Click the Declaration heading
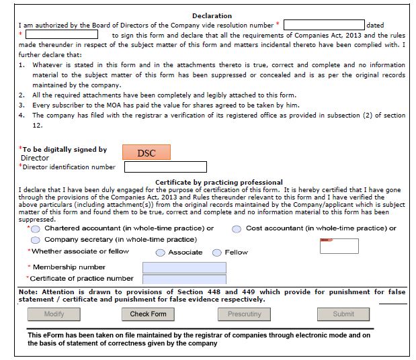(x=212, y=15)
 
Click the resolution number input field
(x=323, y=26)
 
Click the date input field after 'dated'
(x=62, y=34)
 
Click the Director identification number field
(x=165, y=167)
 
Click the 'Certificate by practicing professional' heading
(x=218, y=182)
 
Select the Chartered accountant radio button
(x=36, y=229)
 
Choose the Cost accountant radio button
(x=237, y=229)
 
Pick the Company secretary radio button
(x=36, y=240)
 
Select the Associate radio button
(x=161, y=253)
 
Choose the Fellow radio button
(x=217, y=253)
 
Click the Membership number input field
(x=184, y=267)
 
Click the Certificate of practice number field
(x=184, y=279)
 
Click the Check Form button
(x=149, y=314)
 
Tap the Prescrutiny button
(x=245, y=314)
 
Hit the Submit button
(x=343, y=314)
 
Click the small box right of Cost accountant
(x=339, y=246)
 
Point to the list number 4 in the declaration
(x=22, y=116)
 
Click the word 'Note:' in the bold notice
(x=28, y=292)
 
